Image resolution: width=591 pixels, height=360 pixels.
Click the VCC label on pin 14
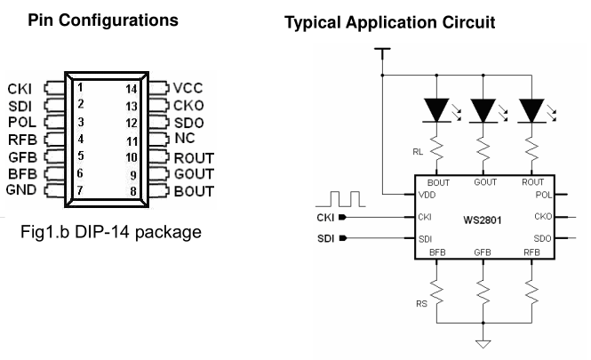click(x=188, y=88)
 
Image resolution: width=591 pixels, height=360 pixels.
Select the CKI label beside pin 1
click(x=20, y=89)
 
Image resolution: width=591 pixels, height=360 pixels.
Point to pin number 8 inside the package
click(x=132, y=189)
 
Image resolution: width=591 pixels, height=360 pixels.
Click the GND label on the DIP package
click(x=20, y=190)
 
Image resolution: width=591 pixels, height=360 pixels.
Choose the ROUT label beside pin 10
click(x=193, y=156)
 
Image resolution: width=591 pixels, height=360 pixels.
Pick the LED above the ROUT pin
click(x=532, y=110)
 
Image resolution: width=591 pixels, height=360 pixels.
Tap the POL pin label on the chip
click(x=541, y=194)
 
